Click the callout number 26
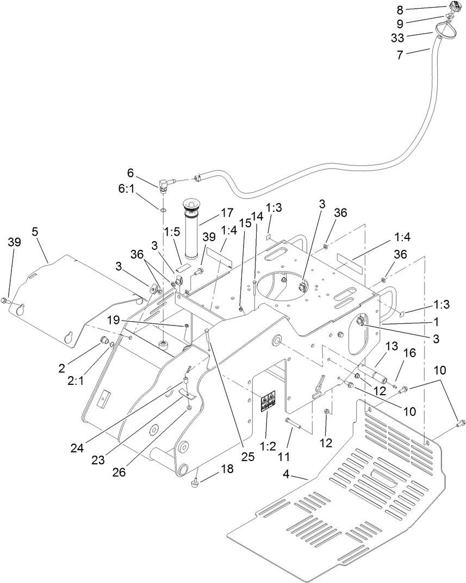click(x=119, y=471)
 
